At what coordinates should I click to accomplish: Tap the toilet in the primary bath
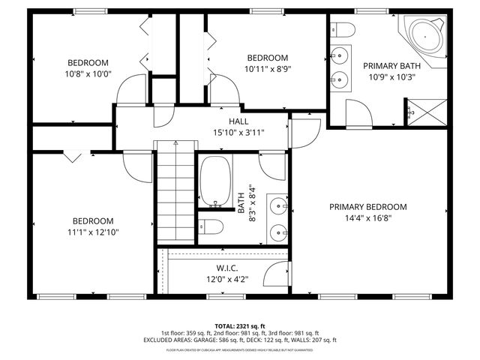pyautogui.click(x=343, y=30)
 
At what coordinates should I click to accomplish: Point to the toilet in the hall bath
pyautogui.click(x=211, y=227)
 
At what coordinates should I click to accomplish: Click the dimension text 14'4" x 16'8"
pyautogui.click(x=367, y=218)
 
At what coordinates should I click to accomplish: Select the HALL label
pyautogui.click(x=238, y=121)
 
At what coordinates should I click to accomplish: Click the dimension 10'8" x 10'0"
pyautogui.click(x=88, y=73)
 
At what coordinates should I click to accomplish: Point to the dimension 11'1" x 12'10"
pyautogui.click(x=93, y=232)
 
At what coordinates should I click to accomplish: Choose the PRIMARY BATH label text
pyautogui.click(x=392, y=66)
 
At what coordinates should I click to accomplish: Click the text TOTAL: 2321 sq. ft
pyautogui.click(x=239, y=325)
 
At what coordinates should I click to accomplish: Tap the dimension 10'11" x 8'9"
pyautogui.click(x=268, y=69)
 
